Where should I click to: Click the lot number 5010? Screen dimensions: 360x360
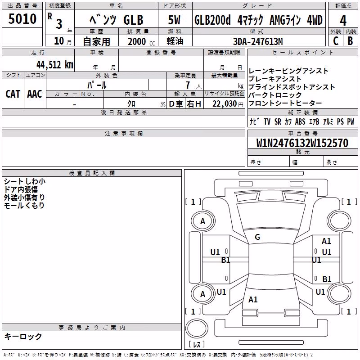click(x=22, y=19)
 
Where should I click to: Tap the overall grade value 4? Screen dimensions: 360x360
click(x=343, y=21)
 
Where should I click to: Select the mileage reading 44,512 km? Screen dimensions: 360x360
click(x=55, y=65)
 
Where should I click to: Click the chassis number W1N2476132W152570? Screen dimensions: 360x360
click(x=302, y=143)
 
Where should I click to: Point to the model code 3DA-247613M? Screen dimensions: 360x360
click(x=258, y=41)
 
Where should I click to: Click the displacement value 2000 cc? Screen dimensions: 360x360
click(x=141, y=41)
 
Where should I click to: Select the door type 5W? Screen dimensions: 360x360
click(x=174, y=20)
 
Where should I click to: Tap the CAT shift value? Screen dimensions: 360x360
click(x=13, y=94)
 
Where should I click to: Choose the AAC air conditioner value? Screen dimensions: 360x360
click(x=35, y=94)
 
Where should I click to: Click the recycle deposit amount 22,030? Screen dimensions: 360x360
click(x=225, y=104)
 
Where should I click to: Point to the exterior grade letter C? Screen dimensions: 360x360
click(x=336, y=41)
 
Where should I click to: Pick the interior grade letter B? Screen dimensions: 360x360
click(x=350, y=41)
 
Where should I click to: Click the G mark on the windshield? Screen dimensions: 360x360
click(x=257, y=237)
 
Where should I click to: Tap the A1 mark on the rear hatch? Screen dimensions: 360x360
click(x=253, y=299)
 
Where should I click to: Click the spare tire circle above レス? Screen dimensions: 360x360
click(x=197, y=328)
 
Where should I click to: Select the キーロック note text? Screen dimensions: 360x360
click(x=23, y=336)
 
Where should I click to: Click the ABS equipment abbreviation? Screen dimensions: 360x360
click(x=300, y=121)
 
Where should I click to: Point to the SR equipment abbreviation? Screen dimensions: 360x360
click(x=278, y=121)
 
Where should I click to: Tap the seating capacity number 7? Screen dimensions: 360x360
click(x=188, y=85)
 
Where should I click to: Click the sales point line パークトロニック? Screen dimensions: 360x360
click(x=275, y=95)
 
